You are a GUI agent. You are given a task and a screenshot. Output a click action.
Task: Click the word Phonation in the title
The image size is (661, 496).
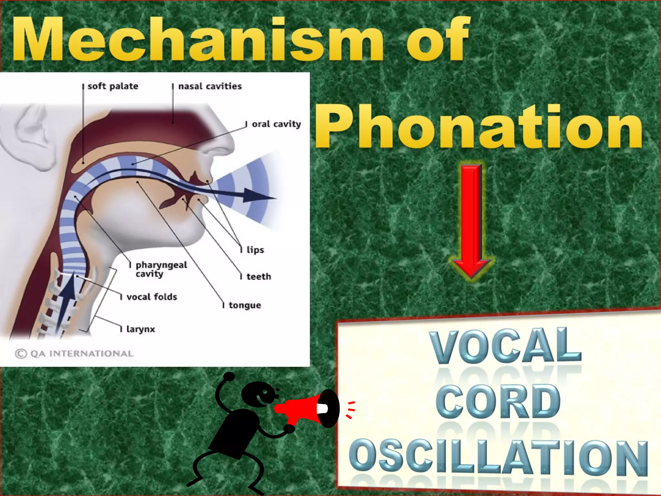(x=479, y=128)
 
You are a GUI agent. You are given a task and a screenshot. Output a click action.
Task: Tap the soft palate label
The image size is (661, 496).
(x=113, y=86)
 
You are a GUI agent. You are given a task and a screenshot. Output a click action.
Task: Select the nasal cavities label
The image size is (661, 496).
(x=210, y=86)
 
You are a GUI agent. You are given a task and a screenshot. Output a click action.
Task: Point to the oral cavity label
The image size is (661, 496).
(x=276, y=124)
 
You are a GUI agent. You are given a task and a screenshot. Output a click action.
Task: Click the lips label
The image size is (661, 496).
(x=255, y=250)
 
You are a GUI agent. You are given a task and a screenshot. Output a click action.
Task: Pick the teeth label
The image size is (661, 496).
(x=259, y=277)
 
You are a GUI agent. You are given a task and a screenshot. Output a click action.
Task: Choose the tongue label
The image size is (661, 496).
(x=245, y=305)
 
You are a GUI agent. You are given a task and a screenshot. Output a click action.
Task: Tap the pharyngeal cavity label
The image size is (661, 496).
(x=161, y=269)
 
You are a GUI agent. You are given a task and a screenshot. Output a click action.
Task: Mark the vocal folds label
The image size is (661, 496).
(x=152, y=297)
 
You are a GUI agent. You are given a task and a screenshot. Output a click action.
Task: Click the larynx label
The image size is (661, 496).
(x=140, y=329)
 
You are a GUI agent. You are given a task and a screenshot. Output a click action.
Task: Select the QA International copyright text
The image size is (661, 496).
(x=74, y=354)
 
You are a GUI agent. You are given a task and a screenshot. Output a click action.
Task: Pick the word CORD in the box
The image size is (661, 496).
(x=498, y=401)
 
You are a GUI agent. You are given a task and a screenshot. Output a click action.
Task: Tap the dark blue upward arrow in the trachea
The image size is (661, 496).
(x=66, y=300)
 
